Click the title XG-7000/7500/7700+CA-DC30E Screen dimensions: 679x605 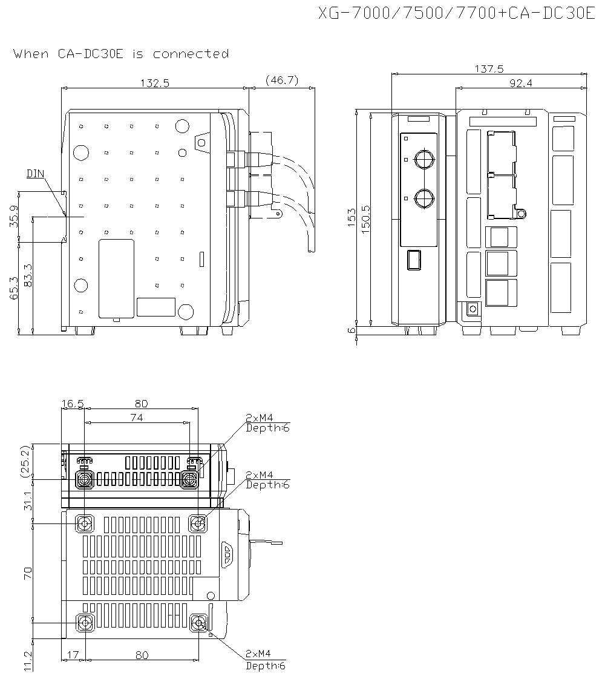[457, 14]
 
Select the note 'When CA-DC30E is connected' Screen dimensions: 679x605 [121, 54]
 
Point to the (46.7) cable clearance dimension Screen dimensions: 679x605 [282, 80]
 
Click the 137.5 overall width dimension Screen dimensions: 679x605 [489, 69]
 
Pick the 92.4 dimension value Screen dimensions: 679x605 [520, 84]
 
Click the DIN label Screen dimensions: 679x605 [36, 174]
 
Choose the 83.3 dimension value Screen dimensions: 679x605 [28, 275]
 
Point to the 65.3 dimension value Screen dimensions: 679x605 [14, 288]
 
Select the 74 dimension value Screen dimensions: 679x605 [137, 418]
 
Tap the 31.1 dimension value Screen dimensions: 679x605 [27, 501]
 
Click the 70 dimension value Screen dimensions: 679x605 [27, 573]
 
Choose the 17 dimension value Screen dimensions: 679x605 [73, 655]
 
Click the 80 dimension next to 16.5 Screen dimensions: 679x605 [141, 404]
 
